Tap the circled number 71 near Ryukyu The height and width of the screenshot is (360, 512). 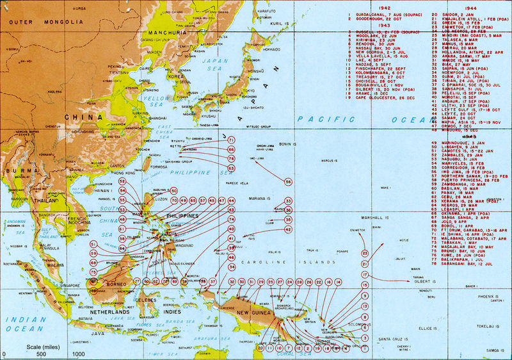231,140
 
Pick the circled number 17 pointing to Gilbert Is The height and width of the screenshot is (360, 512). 365,275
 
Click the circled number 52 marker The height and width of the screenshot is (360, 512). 122,191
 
